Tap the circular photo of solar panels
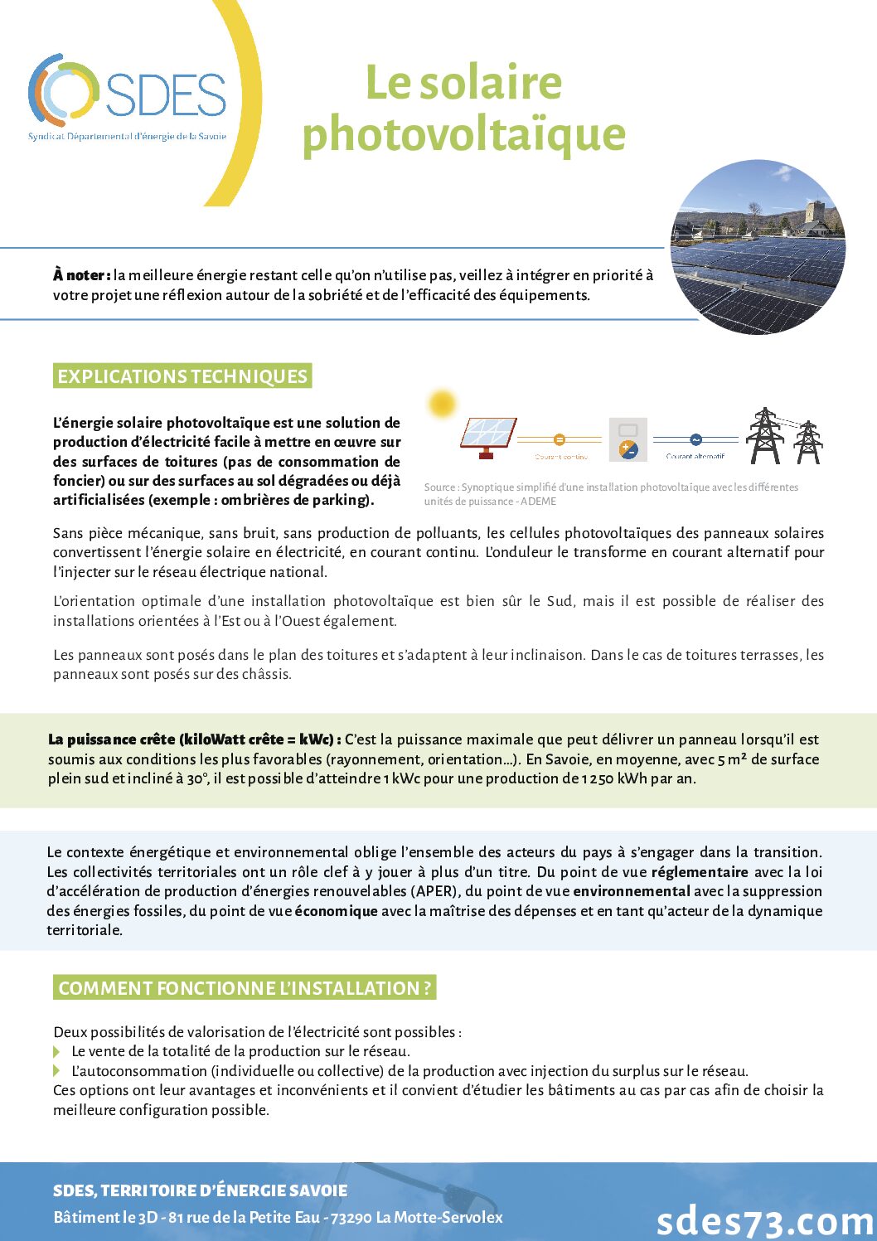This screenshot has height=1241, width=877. coord(758,247)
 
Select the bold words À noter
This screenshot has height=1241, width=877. coord(81,275)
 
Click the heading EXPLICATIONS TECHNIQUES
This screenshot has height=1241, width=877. coord(182,376)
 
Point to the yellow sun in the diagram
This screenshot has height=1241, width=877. coord(442,404)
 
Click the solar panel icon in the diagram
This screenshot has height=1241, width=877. coord(488,437)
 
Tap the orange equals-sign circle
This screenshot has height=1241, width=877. coord(559,439)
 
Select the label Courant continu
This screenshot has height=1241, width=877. coord(561,457)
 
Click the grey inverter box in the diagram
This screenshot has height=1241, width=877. coord(627,439)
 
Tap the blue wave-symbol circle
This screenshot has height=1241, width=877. coord(695,439)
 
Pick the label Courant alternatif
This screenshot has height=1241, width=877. coord(695,456)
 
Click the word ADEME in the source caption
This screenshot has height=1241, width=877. coord(539,502)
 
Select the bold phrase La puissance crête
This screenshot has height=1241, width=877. coord(111,739)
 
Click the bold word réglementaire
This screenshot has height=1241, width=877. coord(700,872)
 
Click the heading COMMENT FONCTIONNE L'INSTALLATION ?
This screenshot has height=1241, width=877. coord(245,988)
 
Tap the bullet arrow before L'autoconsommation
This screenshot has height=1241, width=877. coord(57,1071)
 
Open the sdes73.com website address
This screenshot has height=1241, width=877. coord(765,1220)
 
